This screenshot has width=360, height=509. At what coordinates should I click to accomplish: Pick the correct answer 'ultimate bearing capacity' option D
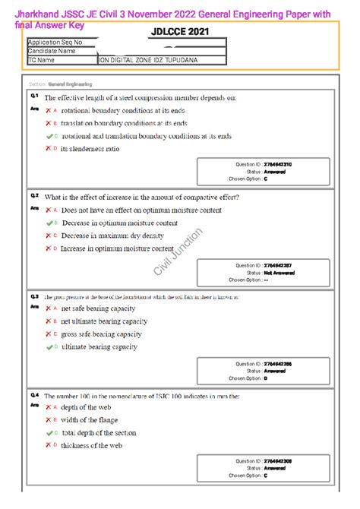[99, 346]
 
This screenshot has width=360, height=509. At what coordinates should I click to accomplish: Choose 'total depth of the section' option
[108, 433]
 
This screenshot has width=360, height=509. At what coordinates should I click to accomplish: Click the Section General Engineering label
[71, 84]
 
